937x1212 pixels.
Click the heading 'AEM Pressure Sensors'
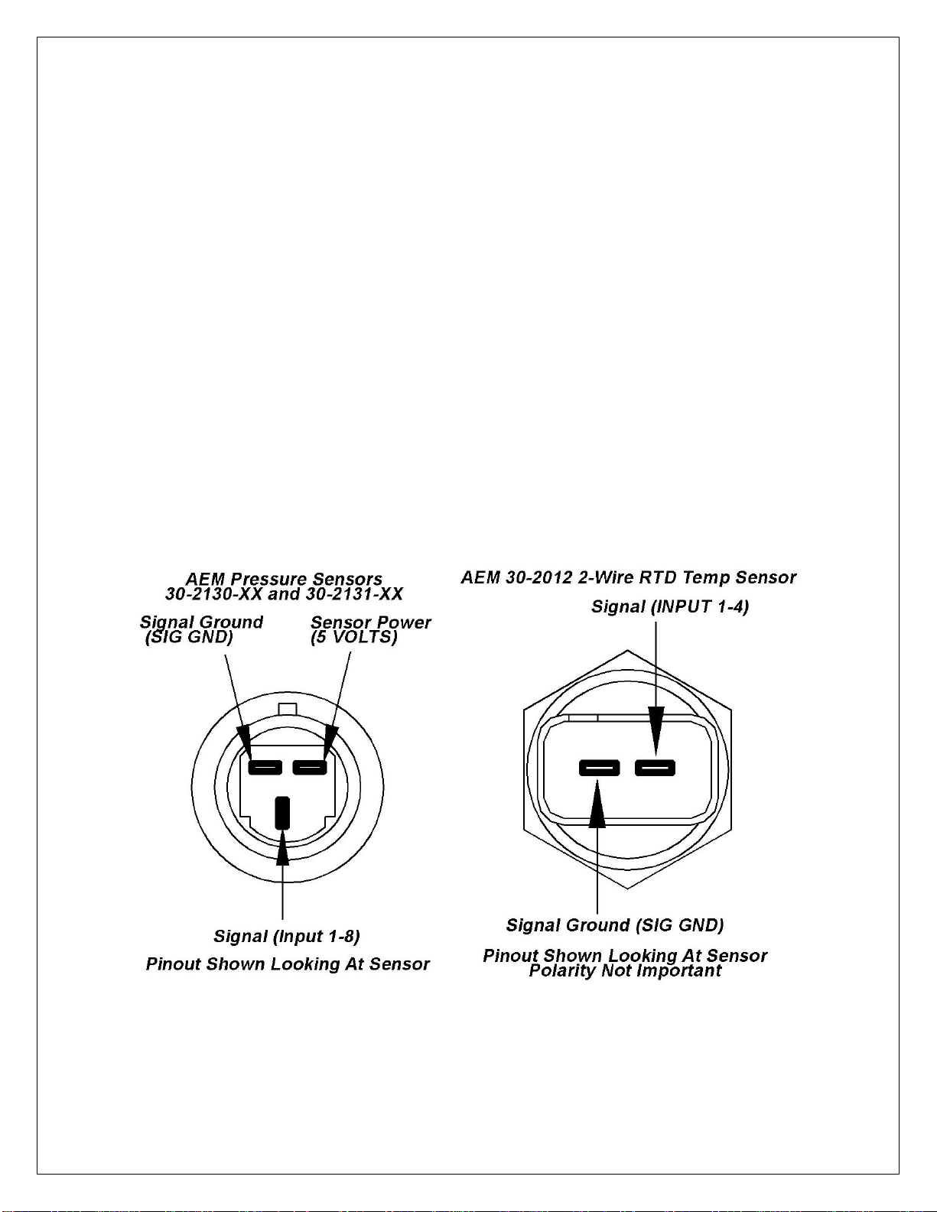[284, 579]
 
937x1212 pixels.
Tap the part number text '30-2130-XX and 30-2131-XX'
[284, 594]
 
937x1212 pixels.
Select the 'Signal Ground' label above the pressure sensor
[201, 622]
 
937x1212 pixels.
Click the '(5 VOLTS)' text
[354, 637]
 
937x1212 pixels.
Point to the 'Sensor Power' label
[371, 622]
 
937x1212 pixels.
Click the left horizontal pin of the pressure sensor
[265, 767]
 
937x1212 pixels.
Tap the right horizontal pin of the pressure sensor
[310, 767]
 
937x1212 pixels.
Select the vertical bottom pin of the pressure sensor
[282, 813]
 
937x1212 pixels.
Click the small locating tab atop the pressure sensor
[287, 708]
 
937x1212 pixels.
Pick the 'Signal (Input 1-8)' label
[287, 936]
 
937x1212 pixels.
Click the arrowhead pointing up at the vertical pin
[283, 848]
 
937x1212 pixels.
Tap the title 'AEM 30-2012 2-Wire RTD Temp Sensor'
[628, 577]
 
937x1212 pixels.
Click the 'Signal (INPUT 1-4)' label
[670, 606]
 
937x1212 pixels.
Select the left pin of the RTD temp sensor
[599, 767]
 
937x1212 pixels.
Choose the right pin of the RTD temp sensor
[656, 767]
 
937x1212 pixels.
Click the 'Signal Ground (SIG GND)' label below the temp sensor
[615, 925]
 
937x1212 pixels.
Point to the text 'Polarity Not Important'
[625, 971]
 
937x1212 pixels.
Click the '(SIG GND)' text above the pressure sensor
[189, 637]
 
